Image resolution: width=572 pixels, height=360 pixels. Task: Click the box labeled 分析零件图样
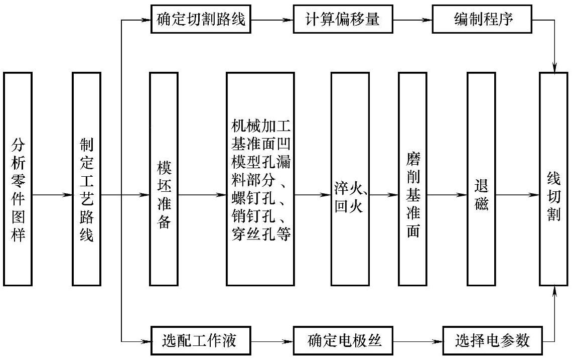18,179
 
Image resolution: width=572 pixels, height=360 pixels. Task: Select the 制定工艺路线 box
87,179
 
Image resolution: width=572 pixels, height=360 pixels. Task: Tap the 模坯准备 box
164,179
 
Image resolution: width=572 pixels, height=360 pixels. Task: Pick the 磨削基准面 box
412,179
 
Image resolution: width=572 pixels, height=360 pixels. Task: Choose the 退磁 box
481,179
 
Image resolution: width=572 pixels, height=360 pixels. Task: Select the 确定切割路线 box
201,20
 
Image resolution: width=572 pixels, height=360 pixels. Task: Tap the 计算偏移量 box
343,20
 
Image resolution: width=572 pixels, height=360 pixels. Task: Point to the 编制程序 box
484,20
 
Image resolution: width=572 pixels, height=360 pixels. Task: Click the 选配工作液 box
200,341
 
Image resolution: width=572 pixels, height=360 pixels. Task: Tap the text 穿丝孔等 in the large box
260,234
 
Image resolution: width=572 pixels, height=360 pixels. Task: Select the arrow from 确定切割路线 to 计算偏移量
272,21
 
